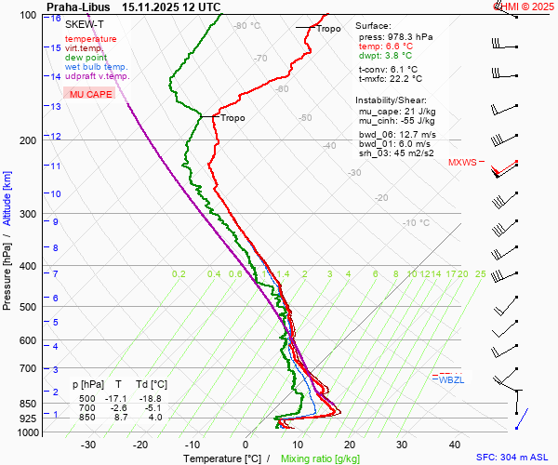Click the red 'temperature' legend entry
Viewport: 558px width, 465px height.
(x=90, y=39)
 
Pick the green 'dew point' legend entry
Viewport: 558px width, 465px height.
(x=86, y=58)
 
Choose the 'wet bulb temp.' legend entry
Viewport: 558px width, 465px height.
(x=97, y=67)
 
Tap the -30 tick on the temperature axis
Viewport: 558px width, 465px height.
(x=88, y=445)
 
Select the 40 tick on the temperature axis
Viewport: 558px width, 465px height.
(x=455, y=445)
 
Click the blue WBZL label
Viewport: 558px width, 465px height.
(x=451, y=379)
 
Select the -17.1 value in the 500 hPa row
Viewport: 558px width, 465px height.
(x=118, y=398)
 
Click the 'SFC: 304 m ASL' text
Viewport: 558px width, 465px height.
(x=513, y=458)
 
